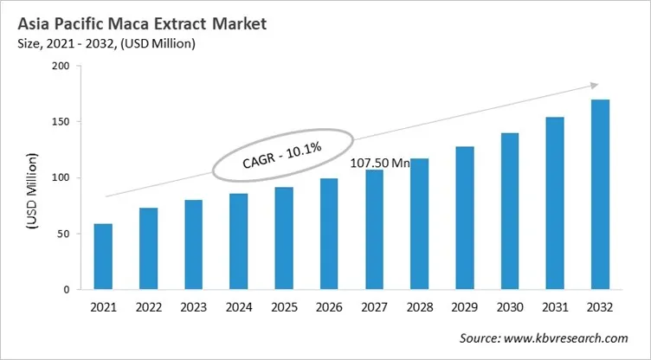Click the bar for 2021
point(103,257)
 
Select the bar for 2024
point(238,241)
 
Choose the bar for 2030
point(510,211)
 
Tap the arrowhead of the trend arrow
point(594,85)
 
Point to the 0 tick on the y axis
point(65,290)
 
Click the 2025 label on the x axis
point(283,308)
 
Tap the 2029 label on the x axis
point(464,308)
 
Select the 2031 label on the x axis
point(555,308)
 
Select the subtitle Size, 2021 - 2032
point(78,43)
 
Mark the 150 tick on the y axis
point(57,122)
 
